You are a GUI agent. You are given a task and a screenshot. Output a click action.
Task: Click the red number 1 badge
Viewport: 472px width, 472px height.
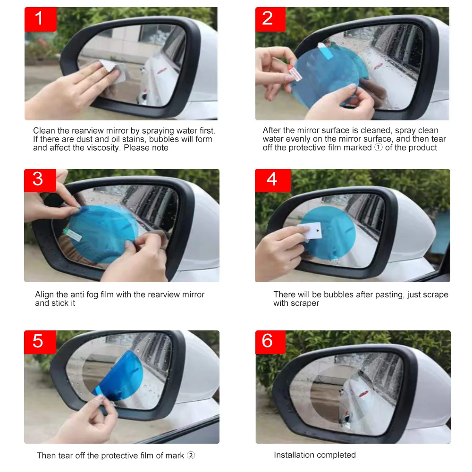(41, 19)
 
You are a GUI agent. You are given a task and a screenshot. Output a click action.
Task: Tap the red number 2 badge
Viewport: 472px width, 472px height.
(270, 19)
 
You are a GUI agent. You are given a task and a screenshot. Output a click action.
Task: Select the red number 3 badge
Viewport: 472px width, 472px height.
(40, 180)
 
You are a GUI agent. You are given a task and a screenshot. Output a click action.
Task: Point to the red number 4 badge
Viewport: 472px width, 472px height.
(273, 180)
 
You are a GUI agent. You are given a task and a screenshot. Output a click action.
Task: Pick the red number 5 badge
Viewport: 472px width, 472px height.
(40, 342)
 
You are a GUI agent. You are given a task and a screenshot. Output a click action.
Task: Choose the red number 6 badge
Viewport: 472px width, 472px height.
(270, 342)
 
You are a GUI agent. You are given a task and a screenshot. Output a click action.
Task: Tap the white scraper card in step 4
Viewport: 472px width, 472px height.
(310, 231)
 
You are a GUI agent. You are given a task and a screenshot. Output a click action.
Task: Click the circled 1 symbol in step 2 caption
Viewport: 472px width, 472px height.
(379, 147)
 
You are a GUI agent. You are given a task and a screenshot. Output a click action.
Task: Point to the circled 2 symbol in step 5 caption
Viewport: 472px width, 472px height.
(191, 455)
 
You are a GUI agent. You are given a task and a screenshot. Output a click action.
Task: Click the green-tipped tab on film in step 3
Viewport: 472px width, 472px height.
(72, 235)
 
